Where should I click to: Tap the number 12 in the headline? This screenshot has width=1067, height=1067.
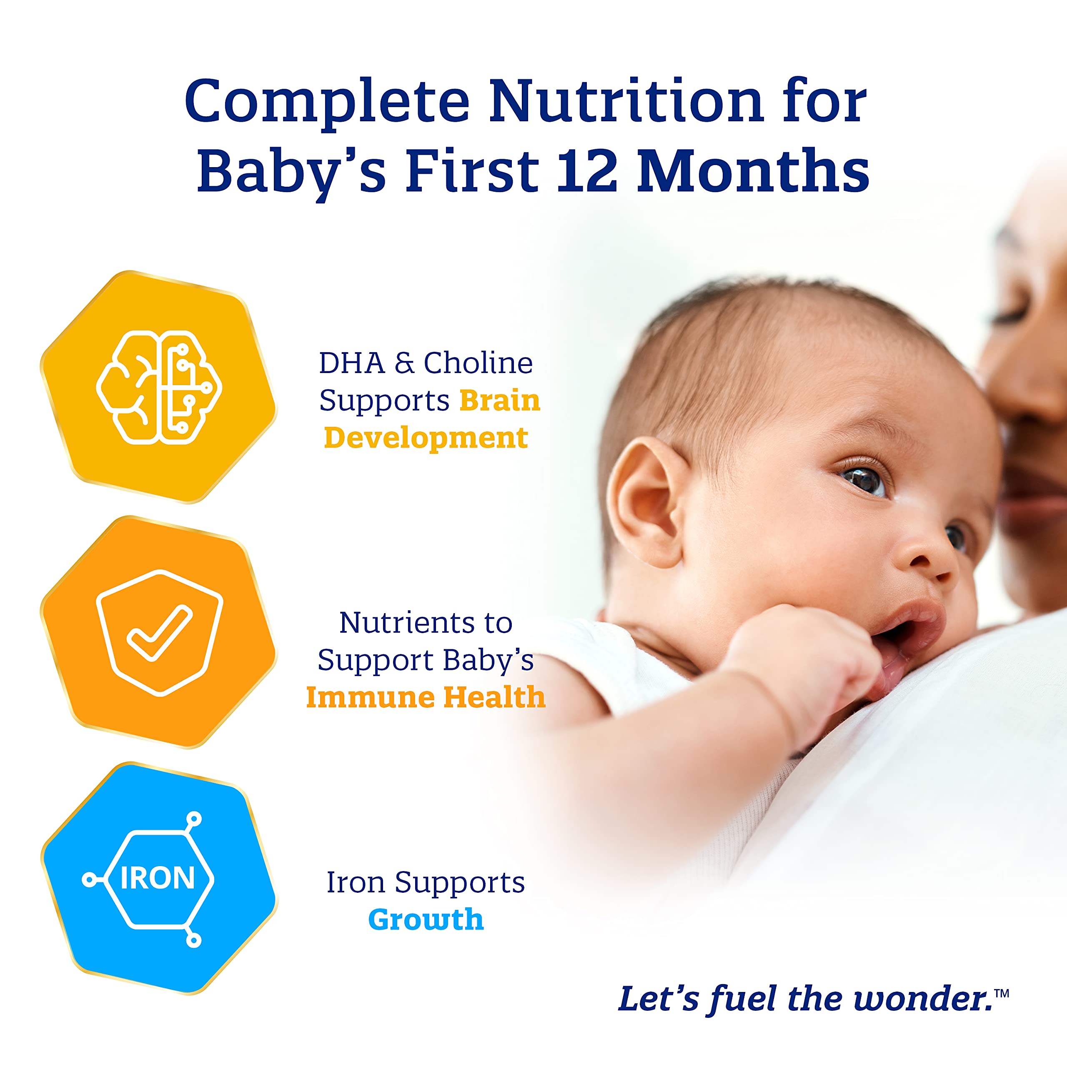[x=586, y=171]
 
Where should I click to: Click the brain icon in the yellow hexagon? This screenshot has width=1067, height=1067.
[x=159, y=387]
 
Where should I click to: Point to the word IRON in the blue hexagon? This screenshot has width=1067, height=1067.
[x=158, y=878]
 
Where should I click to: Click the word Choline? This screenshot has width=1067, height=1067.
[x=478, y=363]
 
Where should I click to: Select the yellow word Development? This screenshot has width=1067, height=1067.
[x=426, y=438]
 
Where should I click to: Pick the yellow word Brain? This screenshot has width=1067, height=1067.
[x=499, y=401]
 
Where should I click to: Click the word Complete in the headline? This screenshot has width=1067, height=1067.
[x=327, y=103]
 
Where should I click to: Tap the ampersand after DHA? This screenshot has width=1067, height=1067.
[x=405, y=363]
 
